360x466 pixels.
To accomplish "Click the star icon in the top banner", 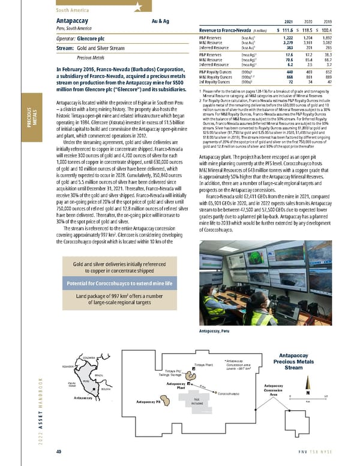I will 138,7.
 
